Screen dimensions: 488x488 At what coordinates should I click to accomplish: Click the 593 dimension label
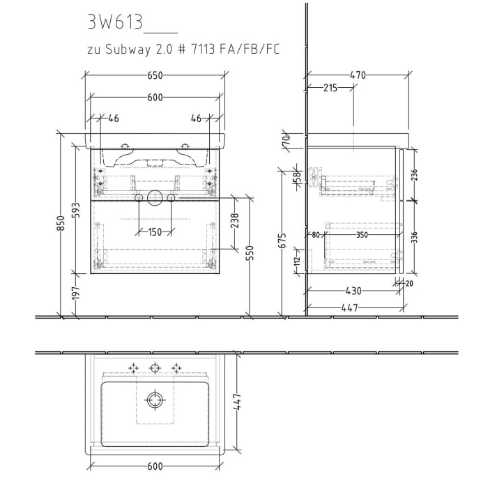[78, 209]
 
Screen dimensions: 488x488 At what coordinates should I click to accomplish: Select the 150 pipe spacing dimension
[155, 231]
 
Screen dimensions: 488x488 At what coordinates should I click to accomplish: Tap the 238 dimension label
[235, 222]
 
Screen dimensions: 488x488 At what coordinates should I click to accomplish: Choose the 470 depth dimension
[358, 75]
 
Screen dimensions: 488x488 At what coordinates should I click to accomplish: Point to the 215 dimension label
[330, 87]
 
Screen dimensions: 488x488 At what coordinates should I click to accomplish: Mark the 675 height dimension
[282, 241]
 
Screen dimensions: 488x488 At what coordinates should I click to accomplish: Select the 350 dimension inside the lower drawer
[362, 235]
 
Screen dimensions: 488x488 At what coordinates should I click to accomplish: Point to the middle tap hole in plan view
[155, 367]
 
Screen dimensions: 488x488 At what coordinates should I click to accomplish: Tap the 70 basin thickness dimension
[285, 141]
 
